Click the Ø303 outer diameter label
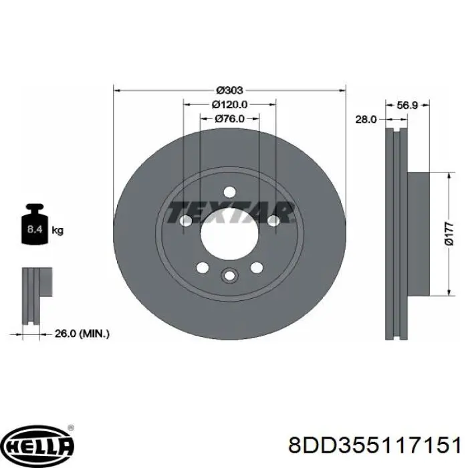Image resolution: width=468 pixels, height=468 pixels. click(x=229, y=90)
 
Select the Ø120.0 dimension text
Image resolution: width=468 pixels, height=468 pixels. click(x=229, y=104)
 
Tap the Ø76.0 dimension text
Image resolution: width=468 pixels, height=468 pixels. click(x=229, y=119)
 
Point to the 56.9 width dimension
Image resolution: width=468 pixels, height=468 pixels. click(x=407, y=105)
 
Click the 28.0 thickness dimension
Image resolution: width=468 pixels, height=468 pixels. click(x=366, y=120)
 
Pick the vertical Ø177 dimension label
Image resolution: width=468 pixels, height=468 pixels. click(x=449, y=234)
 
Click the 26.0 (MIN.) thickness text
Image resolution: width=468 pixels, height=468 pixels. click(x=82, y=334)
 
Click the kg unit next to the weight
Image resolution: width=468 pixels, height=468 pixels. click(x=57, y=231)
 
